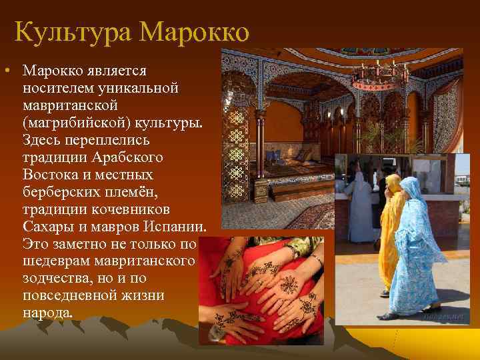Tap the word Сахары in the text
pyautogui.click(x=47, y=227)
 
